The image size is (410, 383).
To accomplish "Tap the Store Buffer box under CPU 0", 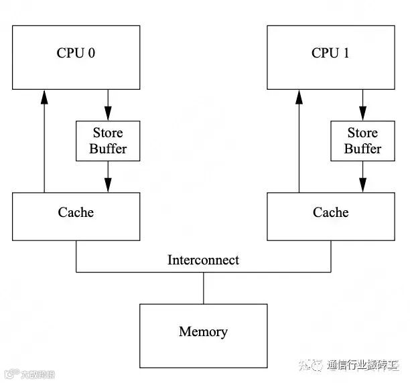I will pos(108,141).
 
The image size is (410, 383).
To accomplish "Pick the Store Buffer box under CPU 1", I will pos(362,141).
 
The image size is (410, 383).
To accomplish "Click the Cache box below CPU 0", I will pos(76,216).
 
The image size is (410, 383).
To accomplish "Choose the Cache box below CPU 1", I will pos(330,216).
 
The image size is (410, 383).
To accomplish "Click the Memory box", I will pos(204,335).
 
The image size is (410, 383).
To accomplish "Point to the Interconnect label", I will pos(203,260).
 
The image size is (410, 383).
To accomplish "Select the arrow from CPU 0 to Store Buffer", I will pos(108,104).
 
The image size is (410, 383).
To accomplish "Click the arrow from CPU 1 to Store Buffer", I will pos(362,104).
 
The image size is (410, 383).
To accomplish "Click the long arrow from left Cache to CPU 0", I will pos(44,141).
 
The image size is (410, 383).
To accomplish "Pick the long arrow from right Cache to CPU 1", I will pos(299,141).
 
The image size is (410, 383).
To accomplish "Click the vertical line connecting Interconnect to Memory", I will pos(204,288).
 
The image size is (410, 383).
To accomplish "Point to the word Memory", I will pos(204,331).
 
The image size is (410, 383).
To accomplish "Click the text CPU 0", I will pos(75,53).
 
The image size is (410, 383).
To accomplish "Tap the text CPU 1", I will pos(330,53).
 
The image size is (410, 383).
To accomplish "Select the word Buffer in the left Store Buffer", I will pos(108,148).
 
